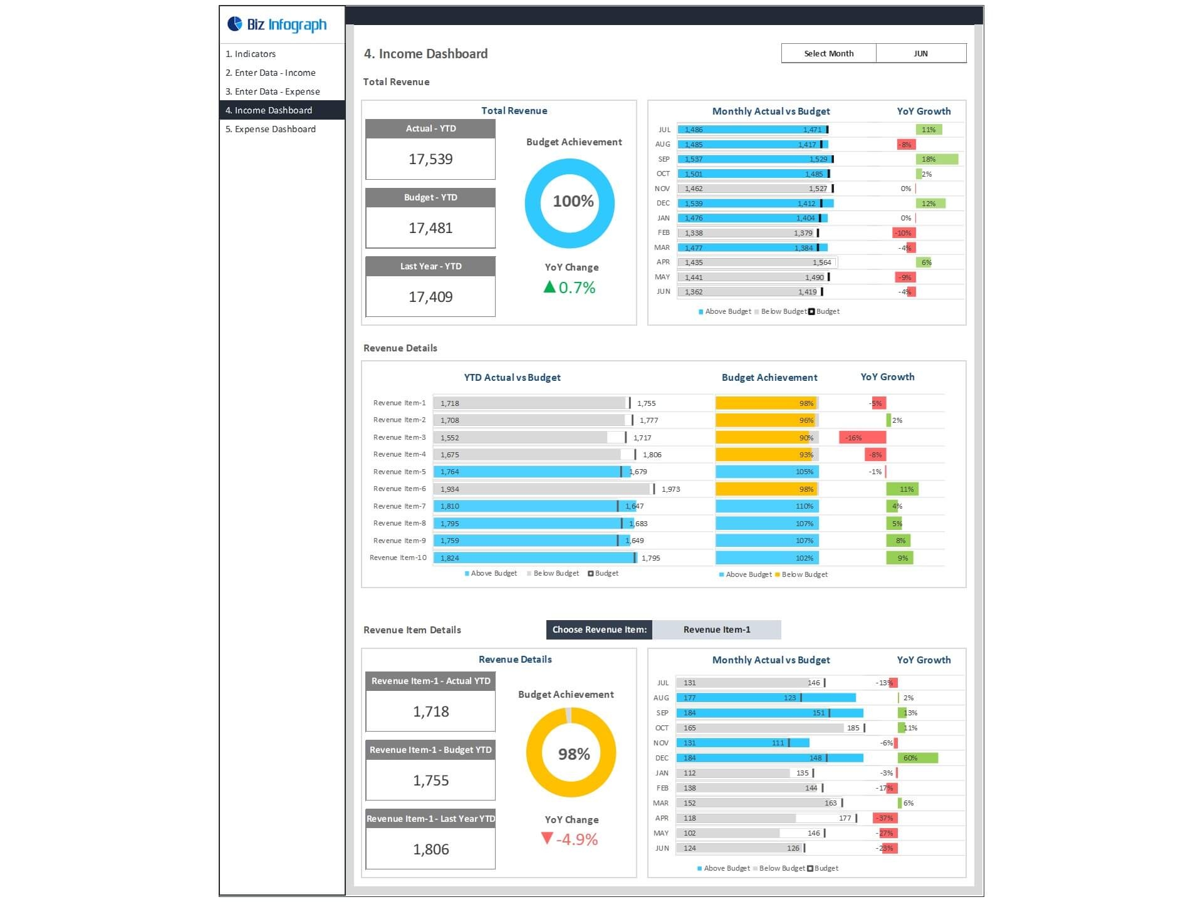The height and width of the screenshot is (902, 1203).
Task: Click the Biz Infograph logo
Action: tap(277, 24)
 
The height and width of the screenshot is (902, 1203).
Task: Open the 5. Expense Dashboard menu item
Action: tap(270, 129)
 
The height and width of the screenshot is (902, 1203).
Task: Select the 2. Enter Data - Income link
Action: tap(270, 73)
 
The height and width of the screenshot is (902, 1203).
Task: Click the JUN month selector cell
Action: tap(920, 53)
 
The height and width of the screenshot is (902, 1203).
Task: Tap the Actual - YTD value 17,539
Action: tap(430, 159)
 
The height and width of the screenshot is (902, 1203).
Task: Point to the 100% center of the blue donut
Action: tap(573, 201)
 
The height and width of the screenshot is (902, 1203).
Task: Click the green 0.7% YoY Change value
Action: tap(576, 288)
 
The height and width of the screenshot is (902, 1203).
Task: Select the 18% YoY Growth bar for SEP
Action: tap(936, 159)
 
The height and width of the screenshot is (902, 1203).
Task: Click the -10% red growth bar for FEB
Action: tap(904, 233)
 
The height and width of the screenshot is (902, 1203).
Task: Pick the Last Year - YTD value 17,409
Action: tap(430, 297)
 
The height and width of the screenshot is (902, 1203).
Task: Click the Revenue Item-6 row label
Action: tap(399, 489)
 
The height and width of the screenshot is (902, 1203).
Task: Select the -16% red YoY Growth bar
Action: tap(862, 437)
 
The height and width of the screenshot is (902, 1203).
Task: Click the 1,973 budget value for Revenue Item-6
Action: tap(670, 489)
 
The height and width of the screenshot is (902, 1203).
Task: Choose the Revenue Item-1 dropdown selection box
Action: tap(716, 630)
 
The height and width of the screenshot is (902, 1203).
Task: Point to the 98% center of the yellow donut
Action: tap(573, 754)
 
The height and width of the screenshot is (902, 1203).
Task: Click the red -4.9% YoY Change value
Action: tap(576, 839)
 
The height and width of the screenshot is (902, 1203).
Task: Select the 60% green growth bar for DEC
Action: tap(917, 758)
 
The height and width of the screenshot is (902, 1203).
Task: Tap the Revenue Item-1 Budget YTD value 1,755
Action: tap(430, 780)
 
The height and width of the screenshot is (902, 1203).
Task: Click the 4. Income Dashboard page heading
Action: tap(425, 54)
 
